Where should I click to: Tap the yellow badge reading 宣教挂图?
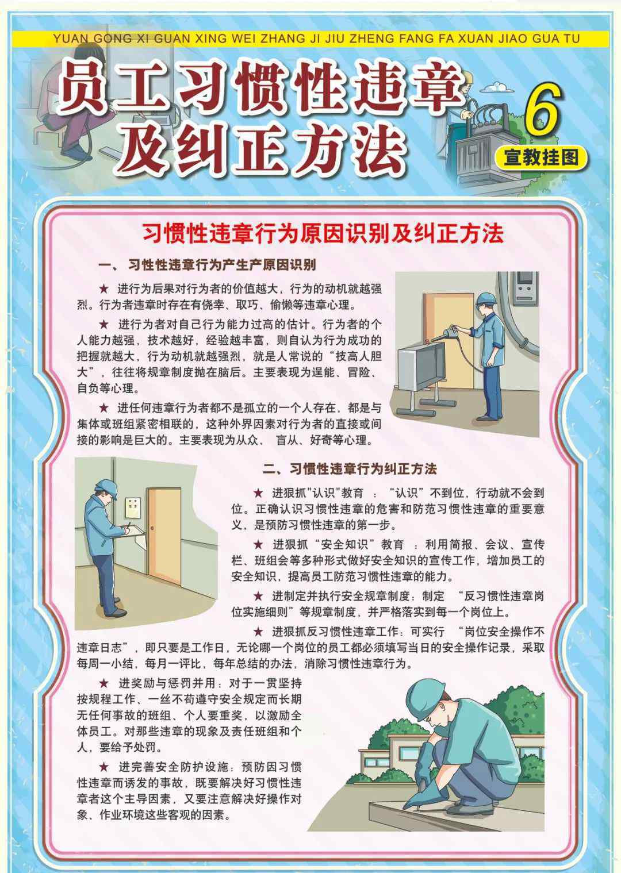coord(541,158)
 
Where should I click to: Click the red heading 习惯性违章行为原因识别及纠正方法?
coord(323,234)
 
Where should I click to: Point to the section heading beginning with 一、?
coord(207,266)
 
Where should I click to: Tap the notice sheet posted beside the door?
coord(133,507)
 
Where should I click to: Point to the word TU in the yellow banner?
coord(571,39)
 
